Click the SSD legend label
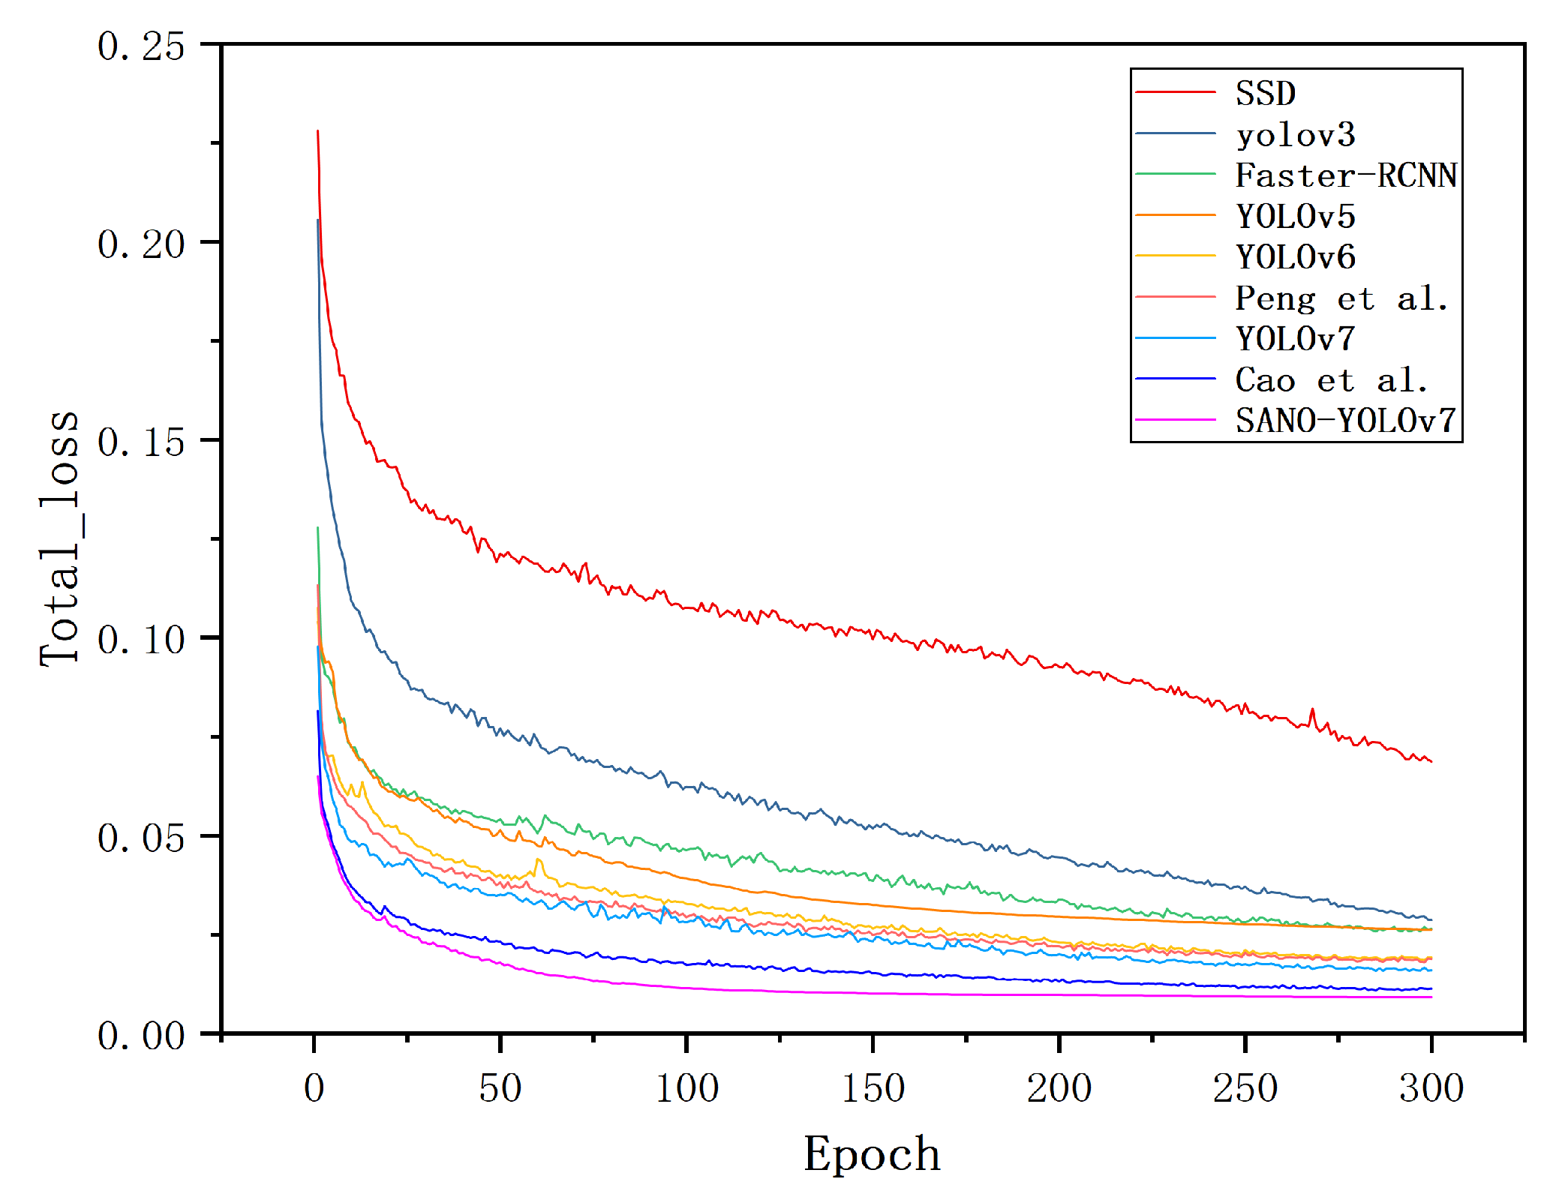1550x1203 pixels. pyautogui.click(x=1265, y=94)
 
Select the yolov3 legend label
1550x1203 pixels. pyautogui.click(x=1295, y=135)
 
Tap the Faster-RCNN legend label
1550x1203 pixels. pyautogui.click(x=1346, y=175)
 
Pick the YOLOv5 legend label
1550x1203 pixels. pyautogui.click(x=1295, y=217)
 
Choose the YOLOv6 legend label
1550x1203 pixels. pyautogui.click(x=1295, y=257)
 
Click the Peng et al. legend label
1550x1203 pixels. pyautogui.click(x=1341, y=298)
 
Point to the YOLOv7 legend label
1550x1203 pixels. pyautogui.click(x=1295, y=339)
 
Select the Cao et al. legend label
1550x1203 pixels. pyautogui.click(x=1331, y=380)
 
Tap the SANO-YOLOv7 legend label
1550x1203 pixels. pyautogui.click(x=1346, y=421)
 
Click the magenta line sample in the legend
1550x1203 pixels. pyautogui.click(x=1175, y=420)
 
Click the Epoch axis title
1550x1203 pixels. pyautogui.click(x=872, y=1153)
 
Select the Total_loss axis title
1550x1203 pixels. pyautogui.click(x=60, y=538)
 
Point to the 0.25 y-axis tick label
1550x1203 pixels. pyautogui.click(x=141, y=46)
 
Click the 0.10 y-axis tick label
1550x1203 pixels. pyautogui.click(x=141, y=640)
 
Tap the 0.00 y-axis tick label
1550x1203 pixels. pyautogui.click(x=141, y=1036)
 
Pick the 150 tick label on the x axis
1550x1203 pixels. pyautogui.click(x=873, y=1088)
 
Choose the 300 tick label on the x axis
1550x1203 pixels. pyautogui.click(x=1431, y=1088)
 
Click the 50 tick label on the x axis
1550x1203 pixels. pyautogui.click(x=500, y=1088)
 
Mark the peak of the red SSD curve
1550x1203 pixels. pyautogui.click(x=317, y=131)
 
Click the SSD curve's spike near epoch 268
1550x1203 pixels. pyautogui.click(x=1312, y=709)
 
